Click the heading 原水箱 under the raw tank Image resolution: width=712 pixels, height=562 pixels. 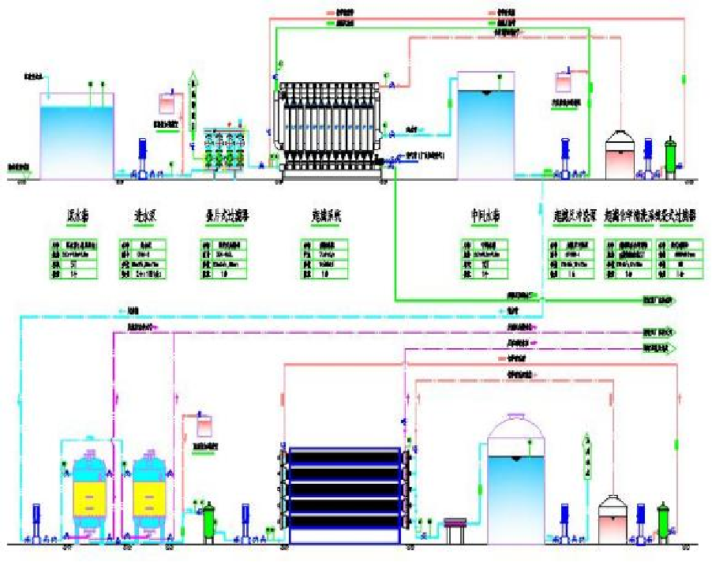[77, 215]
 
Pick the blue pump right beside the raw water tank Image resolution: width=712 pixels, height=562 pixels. [143, 157]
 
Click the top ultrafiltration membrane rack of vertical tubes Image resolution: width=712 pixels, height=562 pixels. [330, 126]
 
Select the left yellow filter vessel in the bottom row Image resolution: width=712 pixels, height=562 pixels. [87, 496]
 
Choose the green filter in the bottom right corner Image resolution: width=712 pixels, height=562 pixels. [664, 521]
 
